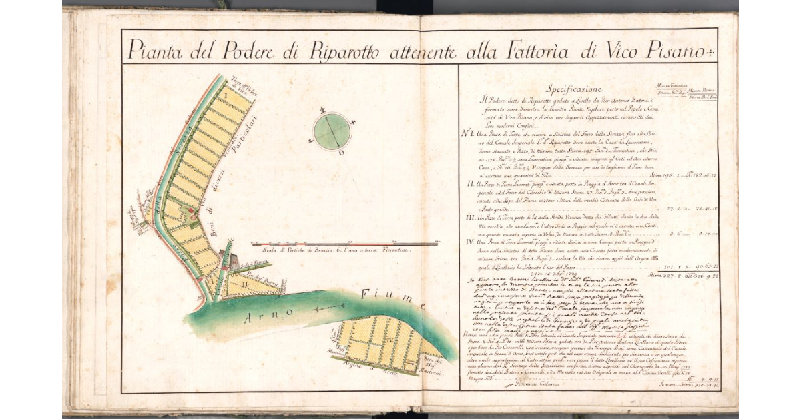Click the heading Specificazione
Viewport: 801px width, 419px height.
[574, 89]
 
